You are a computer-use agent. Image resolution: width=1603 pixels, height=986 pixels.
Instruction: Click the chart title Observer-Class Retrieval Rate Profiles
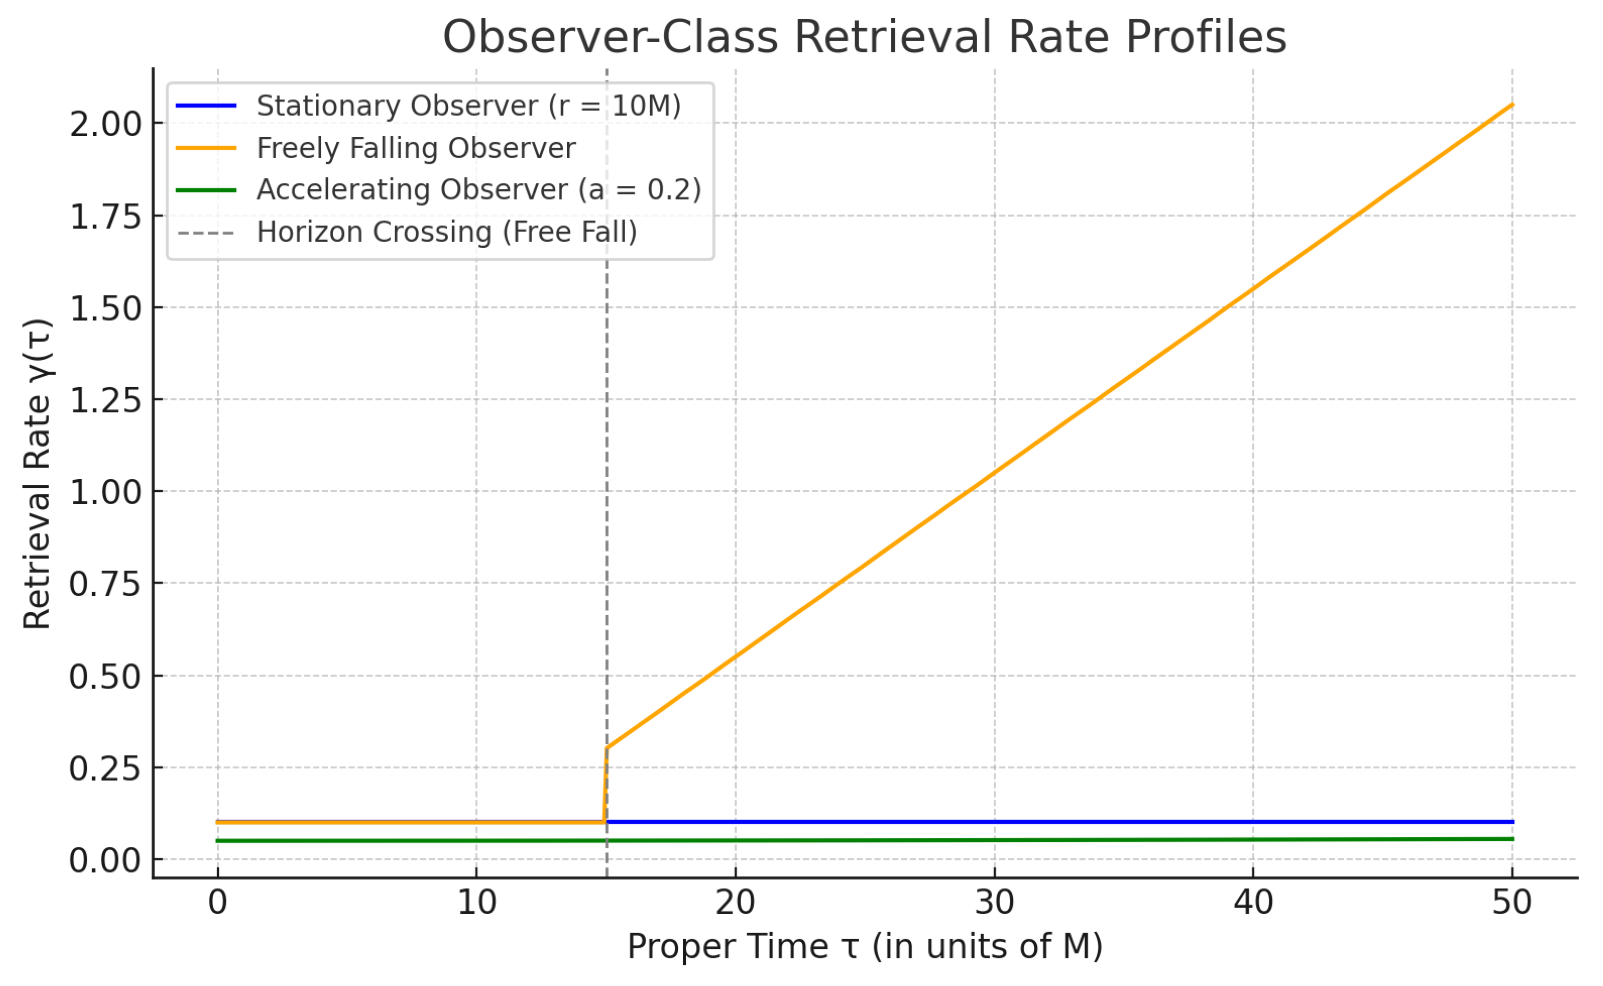coord(864,37)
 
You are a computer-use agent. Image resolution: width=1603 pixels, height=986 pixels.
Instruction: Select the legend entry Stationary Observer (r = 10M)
coord(468,106)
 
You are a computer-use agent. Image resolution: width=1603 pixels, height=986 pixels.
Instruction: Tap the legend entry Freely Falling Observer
coord(416,148)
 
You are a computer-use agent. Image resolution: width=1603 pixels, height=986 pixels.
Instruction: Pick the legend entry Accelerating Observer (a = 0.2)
coord(479,190)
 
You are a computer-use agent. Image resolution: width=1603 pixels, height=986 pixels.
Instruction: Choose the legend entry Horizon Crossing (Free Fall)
coord(447,232)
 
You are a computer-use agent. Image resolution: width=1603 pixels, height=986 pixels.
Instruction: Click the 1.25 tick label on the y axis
coord(106,400)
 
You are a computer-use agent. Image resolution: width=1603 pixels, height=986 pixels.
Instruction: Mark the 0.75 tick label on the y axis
coord(106,584)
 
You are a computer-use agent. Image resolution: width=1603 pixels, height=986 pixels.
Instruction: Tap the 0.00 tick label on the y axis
coord(106,860)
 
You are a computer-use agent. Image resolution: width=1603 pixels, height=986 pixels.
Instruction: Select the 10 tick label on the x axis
coord(477,903)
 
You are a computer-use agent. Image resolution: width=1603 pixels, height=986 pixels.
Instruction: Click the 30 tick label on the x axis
coord(994,903)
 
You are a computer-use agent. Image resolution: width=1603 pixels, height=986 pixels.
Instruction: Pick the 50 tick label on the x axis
coord(1512,903)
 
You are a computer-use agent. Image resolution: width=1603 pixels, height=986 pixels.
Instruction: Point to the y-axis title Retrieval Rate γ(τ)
coord(37,474)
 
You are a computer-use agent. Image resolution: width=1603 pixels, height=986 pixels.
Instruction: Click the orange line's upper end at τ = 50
coord(1512,104)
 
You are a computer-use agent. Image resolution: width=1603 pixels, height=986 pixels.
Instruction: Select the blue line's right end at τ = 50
coord(1512,822)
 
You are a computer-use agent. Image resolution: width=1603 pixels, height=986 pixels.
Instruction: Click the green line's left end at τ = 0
coord(218,840)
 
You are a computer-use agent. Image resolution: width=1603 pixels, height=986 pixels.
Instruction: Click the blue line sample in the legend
coord(206,106)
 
